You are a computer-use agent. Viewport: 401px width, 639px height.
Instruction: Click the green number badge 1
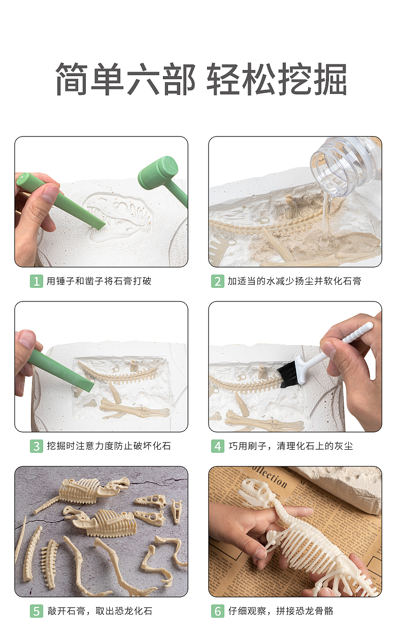36,281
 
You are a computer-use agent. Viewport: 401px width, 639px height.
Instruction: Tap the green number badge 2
217,281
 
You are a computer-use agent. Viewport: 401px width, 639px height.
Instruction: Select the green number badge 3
36,446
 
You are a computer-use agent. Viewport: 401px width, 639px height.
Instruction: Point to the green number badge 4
217,446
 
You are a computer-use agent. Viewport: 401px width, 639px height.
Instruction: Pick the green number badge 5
36,611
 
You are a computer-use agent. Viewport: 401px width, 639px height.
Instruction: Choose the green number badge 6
217,611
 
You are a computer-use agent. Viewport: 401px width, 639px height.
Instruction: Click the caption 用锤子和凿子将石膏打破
99,281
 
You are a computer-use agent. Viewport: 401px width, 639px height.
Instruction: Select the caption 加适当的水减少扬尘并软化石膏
294,281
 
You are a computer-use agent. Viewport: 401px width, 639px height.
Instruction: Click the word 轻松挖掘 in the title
277,80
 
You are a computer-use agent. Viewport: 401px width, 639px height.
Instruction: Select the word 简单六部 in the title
125,80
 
